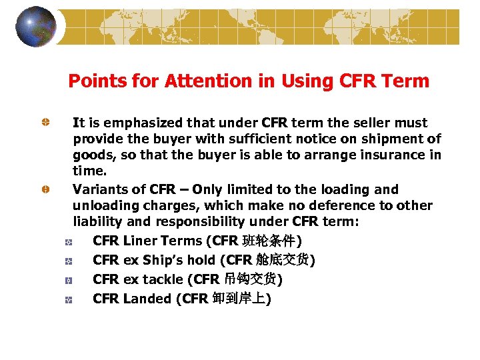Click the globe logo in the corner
(36, 27)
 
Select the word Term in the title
(406, 81)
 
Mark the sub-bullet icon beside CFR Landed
(69, 299)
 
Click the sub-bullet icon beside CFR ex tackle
(69, 280)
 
